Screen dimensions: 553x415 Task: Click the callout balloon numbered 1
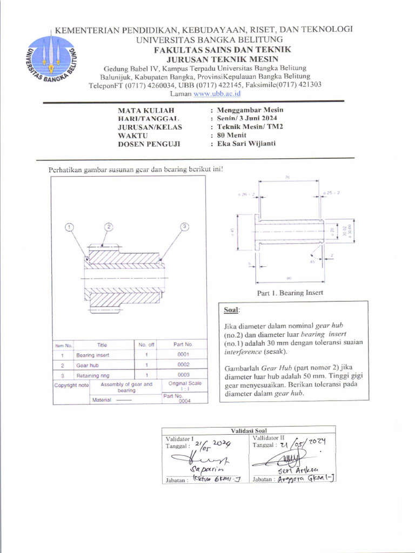[69, 227]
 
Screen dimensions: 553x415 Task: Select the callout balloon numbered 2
[109, 226]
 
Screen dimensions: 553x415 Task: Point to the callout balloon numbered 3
[184, 226]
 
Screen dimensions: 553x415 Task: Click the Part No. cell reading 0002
[183, 365]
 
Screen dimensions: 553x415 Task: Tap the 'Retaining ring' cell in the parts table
[92, 375]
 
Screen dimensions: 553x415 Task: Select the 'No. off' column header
[146, 345]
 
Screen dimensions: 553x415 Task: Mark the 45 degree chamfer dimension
[312, 261]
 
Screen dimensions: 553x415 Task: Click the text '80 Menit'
[232, 136]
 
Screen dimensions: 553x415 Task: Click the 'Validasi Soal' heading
[249, 430]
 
